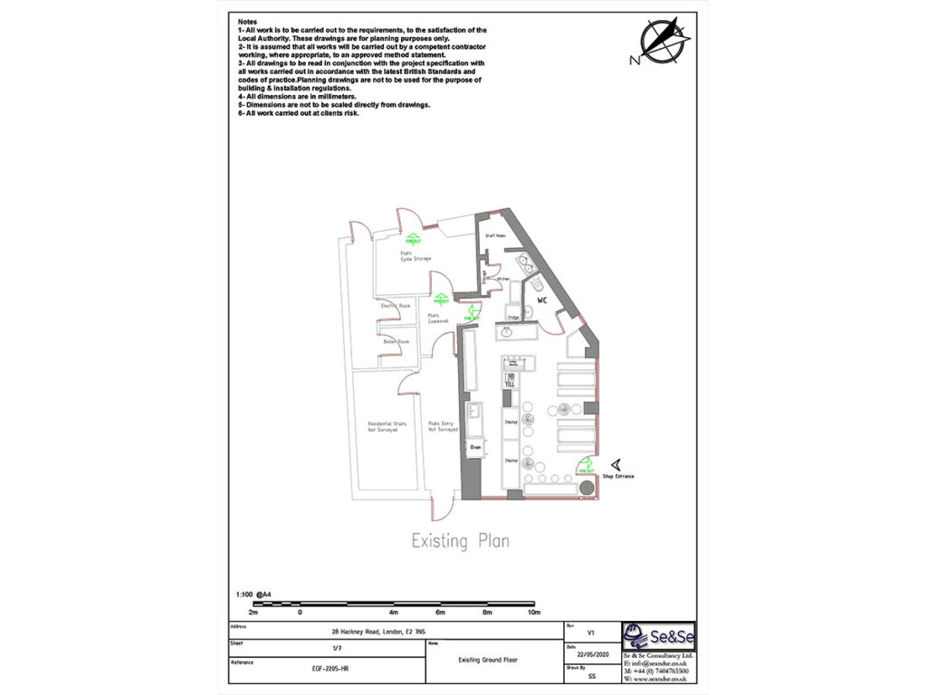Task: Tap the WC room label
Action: click(x=543, y=299)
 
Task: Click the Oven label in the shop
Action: click(x=475, y=447)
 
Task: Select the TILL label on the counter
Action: click(x=510, y=384)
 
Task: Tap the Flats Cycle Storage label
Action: click(x=416, y=255)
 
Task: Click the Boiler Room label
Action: click(x=397, y=341)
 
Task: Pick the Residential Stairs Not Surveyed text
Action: click(x=387, y=427)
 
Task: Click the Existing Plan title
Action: click(x=460, y=541)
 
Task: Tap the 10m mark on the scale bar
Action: click(x=534, y=614)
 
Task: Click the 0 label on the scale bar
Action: click(x=300, y=614)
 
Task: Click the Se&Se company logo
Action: click(x=658, y=635)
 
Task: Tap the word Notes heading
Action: click(x=247, y=20)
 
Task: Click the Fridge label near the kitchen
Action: click(x=513, y=317)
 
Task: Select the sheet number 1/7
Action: click(x=337, y=648)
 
